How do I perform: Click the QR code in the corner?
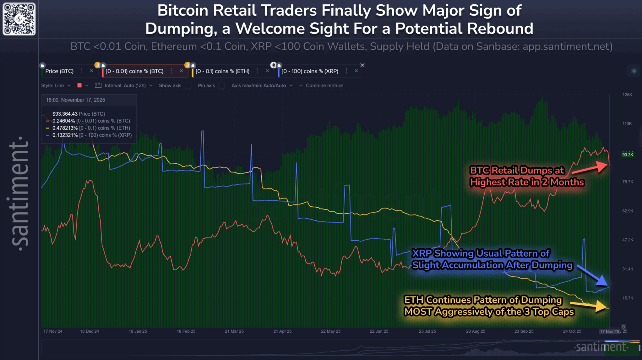[19, 19]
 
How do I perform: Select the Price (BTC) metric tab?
[59, 71]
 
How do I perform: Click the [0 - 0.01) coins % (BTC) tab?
[134, 71]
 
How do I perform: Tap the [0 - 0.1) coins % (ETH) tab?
[222, 71]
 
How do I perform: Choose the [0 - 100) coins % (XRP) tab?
[310, 71]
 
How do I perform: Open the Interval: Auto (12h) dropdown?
[125, 85]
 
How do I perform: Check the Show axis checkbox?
[188, 85]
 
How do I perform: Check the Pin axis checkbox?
[222, 85]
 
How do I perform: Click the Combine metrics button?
[321, 85]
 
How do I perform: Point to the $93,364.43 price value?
[65, 114]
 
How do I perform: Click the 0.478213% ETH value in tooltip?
[65, 128]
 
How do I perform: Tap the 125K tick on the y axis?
[627, 95]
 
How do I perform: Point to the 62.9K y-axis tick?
[628, 211]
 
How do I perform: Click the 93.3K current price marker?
[628, 155]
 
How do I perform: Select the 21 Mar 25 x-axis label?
[234, 331]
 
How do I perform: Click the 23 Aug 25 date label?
[475, 331]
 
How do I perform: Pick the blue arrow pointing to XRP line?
[594, 276]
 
